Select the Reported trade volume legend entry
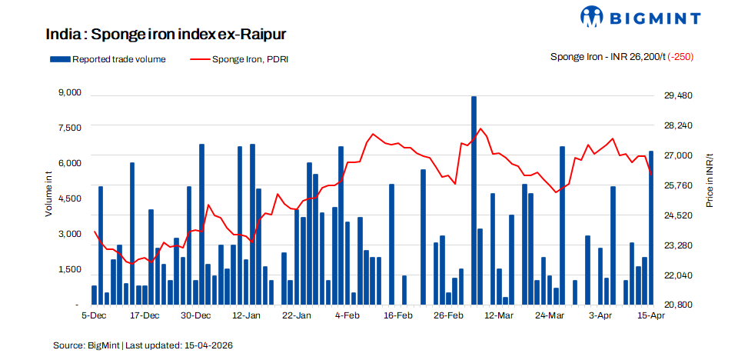pyautogui.click(x=108, y=59)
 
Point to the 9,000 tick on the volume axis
pyautogui.click(x=69, y=93)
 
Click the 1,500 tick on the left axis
pyautogui.click(x=69, y=269)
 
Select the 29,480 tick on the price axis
pyautogui.click(x=679, y=95)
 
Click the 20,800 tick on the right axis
pyautogui.click(x=679, y=305)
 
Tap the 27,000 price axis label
pyautogui.click(x=679, y=155)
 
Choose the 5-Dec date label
pyautogui.click(x=94, y=315)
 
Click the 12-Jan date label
pyautogui.click(x=246, y=315)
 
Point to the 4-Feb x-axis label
pyautogui.click(x=347, y=315)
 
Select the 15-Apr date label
pyautogui.click(x=651, y=315)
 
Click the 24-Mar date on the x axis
pyautogui.click(x=549, y=315)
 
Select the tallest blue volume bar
pyautogui.click(x=474, y=200)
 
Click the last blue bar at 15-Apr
pyautogui.click(x=651, y=227)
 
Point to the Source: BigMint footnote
pyautogui.click(x=143, y=345)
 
